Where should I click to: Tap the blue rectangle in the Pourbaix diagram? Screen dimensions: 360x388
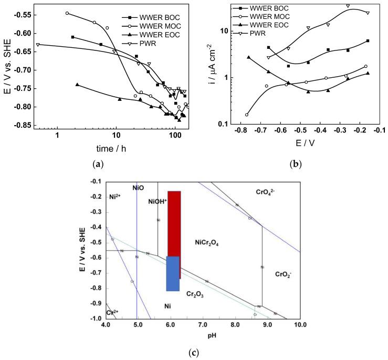[x=173, y=273]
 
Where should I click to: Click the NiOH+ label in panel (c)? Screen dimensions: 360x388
[x=158, y=201]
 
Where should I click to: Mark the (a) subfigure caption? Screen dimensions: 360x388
[x=98, y=164]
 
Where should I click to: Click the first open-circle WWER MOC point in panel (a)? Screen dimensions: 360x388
[x=67, y=13]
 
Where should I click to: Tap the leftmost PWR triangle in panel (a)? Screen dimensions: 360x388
[x=38, y=45]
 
